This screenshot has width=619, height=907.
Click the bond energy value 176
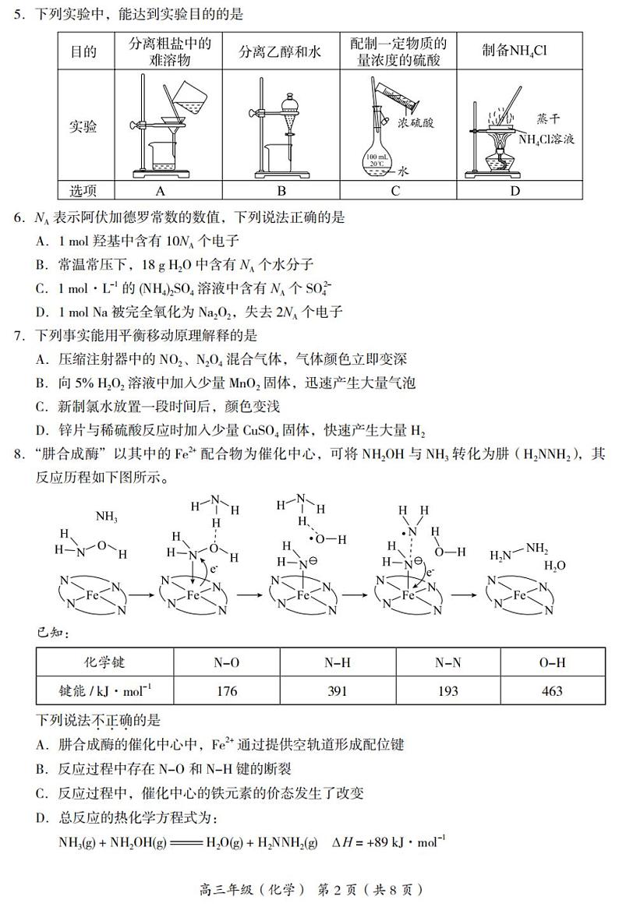226,691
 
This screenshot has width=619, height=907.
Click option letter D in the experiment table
515,191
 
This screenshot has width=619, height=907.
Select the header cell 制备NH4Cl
515,51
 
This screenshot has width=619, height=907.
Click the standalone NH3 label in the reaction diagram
107,515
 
